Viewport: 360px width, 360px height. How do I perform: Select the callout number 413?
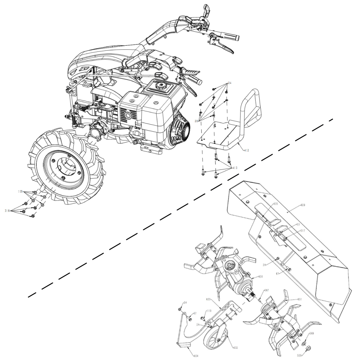235,168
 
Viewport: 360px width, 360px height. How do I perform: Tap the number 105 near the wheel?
20,192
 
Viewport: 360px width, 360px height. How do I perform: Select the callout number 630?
260,277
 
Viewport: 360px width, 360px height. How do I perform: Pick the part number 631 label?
300,299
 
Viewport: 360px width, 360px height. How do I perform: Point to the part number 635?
275,204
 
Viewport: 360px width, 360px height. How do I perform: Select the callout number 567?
266,290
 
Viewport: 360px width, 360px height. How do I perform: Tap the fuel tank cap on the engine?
161,87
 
